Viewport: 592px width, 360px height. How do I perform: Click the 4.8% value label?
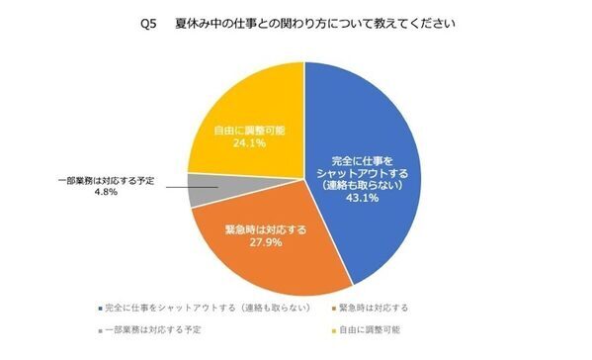(104, 193)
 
